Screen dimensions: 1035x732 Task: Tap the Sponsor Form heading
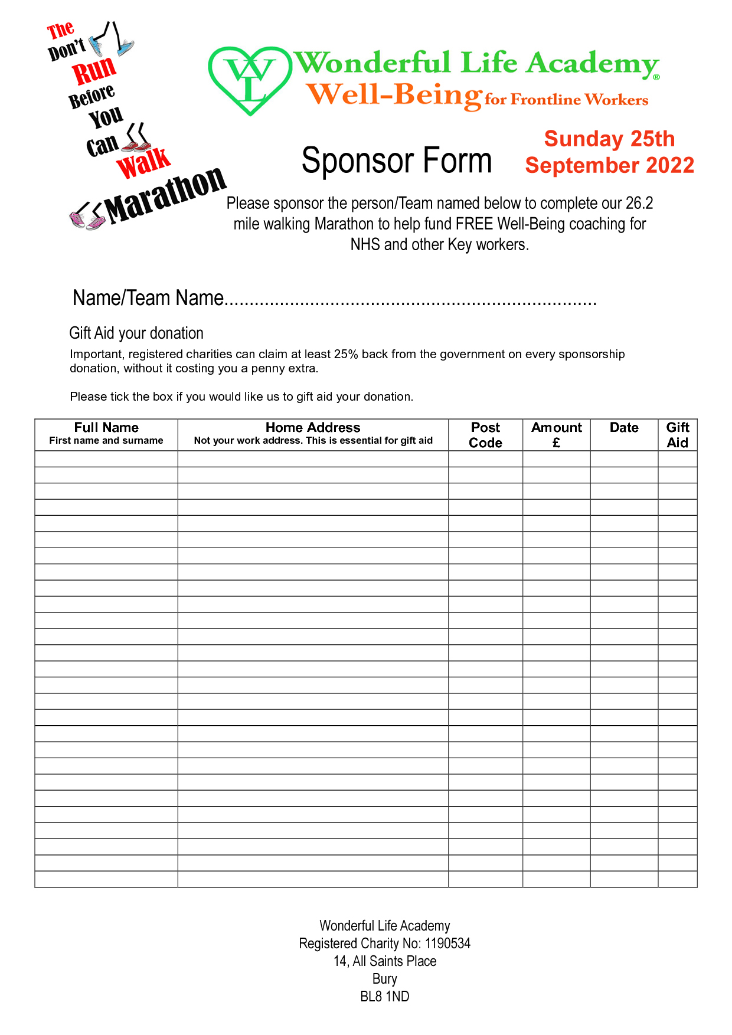(397, 161)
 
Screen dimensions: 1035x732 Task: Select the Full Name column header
(106, 434)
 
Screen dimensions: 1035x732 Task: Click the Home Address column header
(313, 434)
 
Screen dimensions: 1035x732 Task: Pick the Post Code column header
(485, 435)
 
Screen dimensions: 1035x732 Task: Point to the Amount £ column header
(556, 435)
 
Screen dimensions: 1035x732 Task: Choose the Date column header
(624, 428)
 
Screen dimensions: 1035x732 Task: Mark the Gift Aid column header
(678, 435)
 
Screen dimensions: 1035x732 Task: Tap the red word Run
(94, 71)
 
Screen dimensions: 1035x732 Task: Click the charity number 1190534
(447, 944)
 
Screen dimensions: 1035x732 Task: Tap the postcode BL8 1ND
(385, 997)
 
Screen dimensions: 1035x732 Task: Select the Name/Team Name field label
(148, 298)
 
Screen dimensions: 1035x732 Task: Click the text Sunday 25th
(609, 139)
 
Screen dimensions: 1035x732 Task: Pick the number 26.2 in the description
(639, 203)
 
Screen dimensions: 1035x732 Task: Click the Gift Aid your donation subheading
(136, 333)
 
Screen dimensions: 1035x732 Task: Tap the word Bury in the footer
(385, 979)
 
